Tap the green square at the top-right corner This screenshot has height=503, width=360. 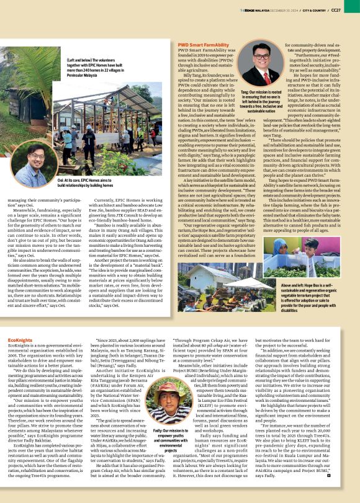pos(357,3)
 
